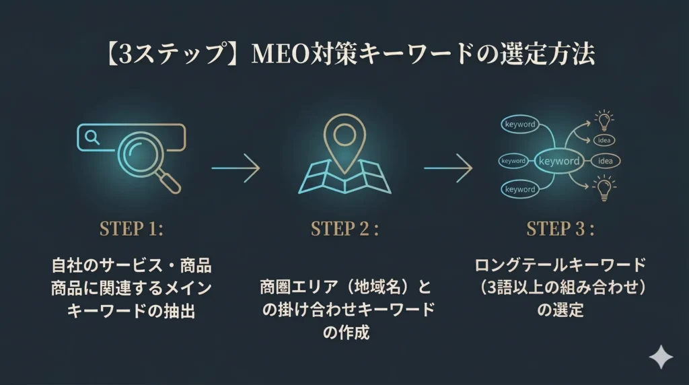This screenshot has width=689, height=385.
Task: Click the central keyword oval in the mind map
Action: coord(558,161)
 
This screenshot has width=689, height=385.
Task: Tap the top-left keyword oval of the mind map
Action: coord(519,125)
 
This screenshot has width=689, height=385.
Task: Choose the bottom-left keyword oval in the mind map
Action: coord(519,189)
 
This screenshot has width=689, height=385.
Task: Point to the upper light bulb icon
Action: coord(604,120)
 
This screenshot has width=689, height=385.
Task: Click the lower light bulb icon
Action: coord(604,187)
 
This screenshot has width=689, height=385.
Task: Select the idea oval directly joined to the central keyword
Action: coord(605,161)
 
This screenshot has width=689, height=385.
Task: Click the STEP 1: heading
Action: coord(131,229)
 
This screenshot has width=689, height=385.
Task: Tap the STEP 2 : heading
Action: coord(344,229)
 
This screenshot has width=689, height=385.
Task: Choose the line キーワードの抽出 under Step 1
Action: coord(131,310)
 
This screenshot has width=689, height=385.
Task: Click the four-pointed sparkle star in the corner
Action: coord(660,358)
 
